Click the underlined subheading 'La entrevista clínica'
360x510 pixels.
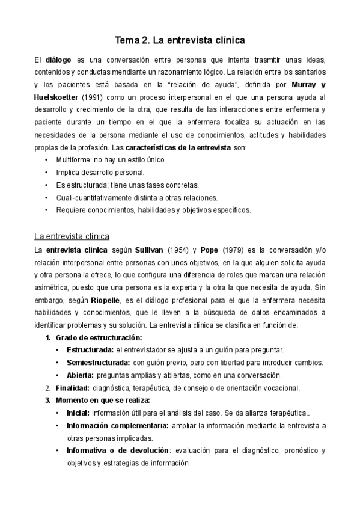[x=72, y=236]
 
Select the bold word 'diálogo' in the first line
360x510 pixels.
[x=58, y=61]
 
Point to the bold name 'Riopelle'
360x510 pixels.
[x=106, y=300]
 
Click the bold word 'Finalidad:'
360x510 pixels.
[x=73, y=388]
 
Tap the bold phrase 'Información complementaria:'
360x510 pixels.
[x=118, y=426]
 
